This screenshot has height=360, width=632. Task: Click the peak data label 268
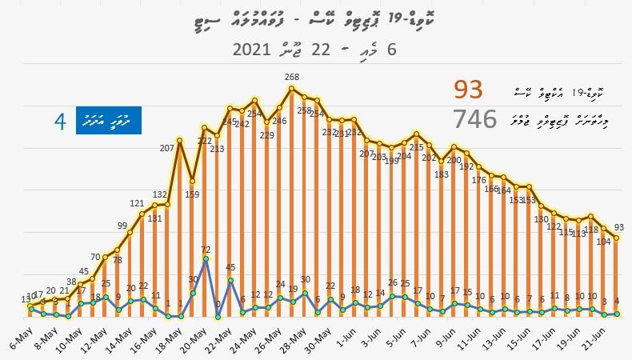[292, 78]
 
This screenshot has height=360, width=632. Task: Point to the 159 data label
[193, 194]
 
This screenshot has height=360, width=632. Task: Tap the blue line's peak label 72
[206, 250]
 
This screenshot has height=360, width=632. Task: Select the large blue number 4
[59, 122]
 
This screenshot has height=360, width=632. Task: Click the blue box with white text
[108, 122]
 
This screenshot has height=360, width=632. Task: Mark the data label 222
[205, 141]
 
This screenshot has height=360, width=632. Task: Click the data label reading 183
[441, 174]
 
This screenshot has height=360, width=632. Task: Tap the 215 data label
[416, 147]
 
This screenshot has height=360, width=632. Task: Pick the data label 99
[122, 226]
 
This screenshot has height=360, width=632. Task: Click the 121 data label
[137, 204]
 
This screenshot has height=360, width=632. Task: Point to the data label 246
[280, 121]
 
